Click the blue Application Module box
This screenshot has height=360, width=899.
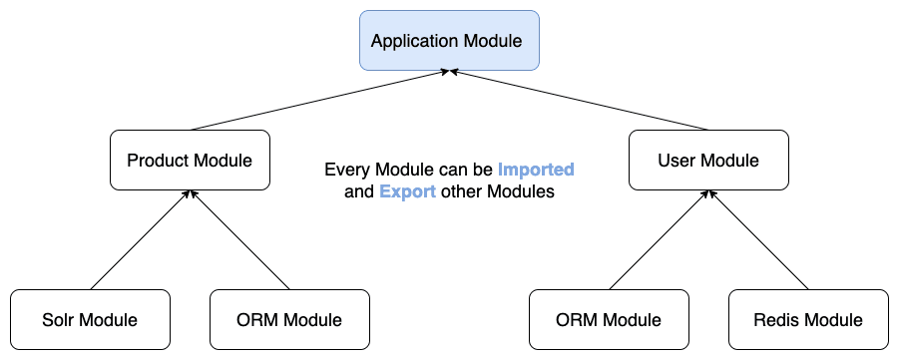point(449,41)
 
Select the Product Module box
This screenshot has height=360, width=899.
point(190,160)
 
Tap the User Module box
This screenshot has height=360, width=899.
point(708,160)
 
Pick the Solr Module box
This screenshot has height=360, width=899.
point(90,319)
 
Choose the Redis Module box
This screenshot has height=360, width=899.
point(808,319)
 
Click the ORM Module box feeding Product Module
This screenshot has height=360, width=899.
point(289,319)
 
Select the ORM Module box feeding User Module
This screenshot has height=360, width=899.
point(609,319)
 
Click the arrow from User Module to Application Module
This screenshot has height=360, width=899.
point(579,101)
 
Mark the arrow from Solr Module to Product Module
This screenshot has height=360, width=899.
point(140,240)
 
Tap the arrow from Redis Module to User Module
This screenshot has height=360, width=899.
point(758,240)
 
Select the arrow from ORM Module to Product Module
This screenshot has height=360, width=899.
point(239,240)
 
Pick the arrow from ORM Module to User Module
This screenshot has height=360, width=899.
point(659,240)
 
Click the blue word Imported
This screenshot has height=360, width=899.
point(536,170)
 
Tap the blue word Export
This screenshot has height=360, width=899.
point(408,191)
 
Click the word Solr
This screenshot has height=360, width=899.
point(57,319)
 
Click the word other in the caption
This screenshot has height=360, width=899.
point(462,191)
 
